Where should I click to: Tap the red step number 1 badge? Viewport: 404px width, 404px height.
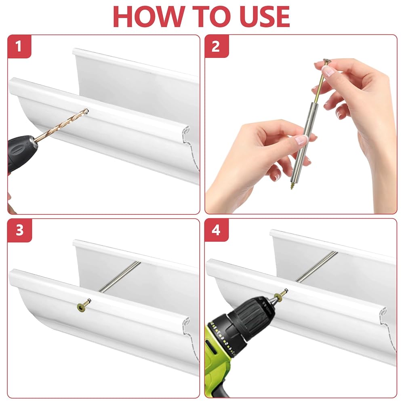click(x=19, y=46)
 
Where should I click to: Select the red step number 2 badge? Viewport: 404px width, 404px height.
click(x=217, y=46)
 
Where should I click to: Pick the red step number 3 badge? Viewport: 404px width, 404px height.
click(x=20, y=230)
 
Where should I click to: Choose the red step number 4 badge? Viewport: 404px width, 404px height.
click(x=217, y=230)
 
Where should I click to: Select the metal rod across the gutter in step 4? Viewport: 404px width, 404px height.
click(x=317, y=267)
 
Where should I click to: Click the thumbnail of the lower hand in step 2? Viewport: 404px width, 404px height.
click(x=301, y=140)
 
